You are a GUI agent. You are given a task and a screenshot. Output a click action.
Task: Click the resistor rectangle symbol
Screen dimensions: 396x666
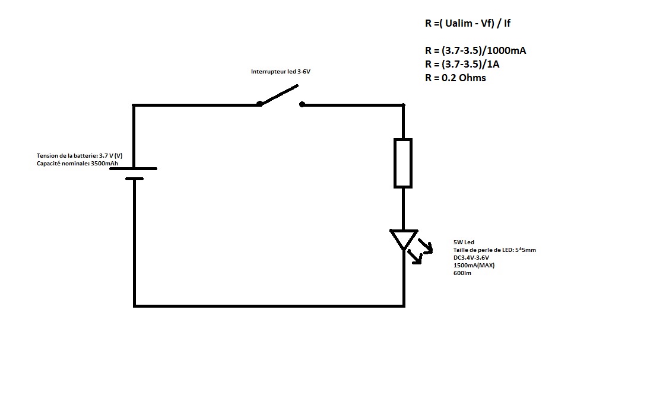click(403, 163)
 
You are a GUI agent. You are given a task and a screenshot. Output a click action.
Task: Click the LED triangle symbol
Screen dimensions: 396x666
click(404, 238)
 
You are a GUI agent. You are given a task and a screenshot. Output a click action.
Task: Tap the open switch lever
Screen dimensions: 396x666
click(278, 95)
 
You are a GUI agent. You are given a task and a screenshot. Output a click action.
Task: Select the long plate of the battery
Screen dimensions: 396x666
click(134, 168)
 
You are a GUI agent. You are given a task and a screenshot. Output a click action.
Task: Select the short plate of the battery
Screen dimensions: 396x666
click(134, 178)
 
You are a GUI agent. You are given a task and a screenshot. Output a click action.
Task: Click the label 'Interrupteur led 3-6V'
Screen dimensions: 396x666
click(281, 72)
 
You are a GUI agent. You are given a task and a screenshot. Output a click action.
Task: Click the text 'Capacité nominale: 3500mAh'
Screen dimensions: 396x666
click(73, 163)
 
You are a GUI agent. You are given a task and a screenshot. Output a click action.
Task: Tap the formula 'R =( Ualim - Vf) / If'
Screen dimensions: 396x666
click(464, 24)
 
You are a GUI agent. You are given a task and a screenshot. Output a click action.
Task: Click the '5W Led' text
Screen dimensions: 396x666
click(464, 242)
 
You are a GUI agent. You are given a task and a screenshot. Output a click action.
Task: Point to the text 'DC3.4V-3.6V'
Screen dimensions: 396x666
click(471, 258)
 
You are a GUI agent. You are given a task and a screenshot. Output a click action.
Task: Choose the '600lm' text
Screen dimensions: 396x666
click(462, 273)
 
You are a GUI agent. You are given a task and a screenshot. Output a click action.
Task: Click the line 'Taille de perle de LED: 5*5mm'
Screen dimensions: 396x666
click(494, 250)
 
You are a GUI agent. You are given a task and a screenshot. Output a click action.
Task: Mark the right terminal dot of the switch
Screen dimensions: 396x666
click(302, 104)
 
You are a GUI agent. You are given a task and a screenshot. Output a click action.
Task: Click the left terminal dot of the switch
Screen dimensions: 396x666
click(259, 104)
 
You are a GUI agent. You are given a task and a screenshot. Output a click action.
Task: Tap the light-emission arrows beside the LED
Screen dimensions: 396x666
click(423, 250)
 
